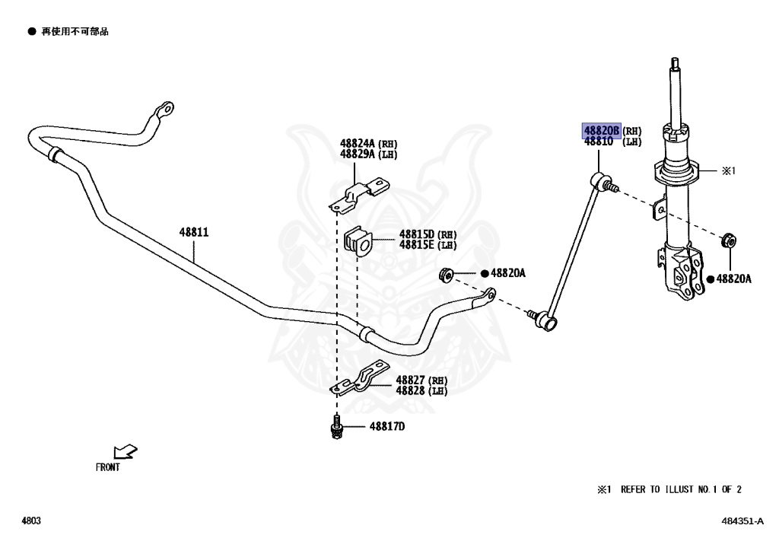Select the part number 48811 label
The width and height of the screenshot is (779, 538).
point(194,232)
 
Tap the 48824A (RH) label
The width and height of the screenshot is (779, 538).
point(369,143)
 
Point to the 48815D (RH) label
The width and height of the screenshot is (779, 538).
point(427,234)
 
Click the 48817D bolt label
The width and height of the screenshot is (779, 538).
point(387,426)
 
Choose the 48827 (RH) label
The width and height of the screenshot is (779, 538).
point(421,380)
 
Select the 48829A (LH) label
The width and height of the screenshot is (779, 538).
point(369,154)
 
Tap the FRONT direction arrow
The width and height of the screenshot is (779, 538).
point(125,452)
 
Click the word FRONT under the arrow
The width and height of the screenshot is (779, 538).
point(107,468)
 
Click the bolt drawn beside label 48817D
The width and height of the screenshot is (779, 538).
point(335,428)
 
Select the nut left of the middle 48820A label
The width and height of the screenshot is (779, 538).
point(447,273)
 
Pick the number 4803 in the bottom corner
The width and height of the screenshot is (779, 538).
point(30,521)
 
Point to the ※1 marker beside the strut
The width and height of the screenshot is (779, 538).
point(729,171)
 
